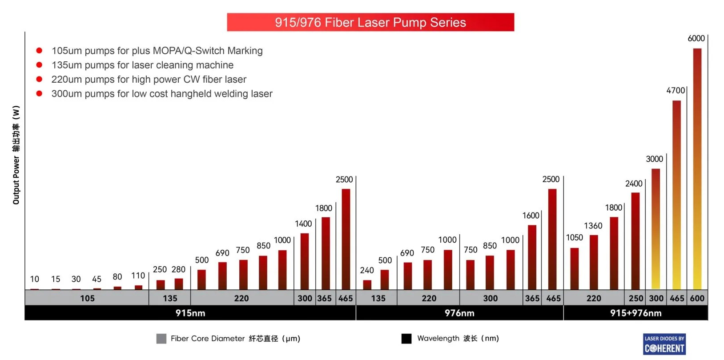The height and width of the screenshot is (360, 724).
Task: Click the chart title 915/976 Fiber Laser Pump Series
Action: coord(370,22)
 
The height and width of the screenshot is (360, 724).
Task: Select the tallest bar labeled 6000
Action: coord(697,169)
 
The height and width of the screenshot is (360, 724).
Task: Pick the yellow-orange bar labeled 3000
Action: coord(656,229)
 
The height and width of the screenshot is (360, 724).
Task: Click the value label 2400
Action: coord(634,184)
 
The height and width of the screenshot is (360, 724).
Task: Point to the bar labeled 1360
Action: coord(594,262)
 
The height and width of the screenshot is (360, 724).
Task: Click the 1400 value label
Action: coord(303,224)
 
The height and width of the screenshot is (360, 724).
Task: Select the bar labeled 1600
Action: coord(532,257)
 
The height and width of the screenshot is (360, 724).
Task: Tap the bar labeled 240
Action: coord(367,285)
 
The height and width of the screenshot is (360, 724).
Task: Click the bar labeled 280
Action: coord(179,284)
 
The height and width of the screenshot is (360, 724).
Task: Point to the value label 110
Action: coord(138,276)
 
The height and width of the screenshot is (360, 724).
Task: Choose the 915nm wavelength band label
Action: coord(190,313)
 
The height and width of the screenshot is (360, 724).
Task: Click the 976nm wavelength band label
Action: coord(459,313)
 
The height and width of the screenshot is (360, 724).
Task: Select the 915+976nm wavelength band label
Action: coord(636,313)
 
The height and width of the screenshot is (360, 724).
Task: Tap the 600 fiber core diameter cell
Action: coord(697,298)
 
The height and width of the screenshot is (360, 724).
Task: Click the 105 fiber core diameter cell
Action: coord(87,298)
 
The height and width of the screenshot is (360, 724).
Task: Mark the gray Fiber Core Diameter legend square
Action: coord(161,339)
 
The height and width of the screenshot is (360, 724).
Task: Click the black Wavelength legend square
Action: coord(406,339)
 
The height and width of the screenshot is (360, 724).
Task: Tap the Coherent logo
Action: coord(664,344)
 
